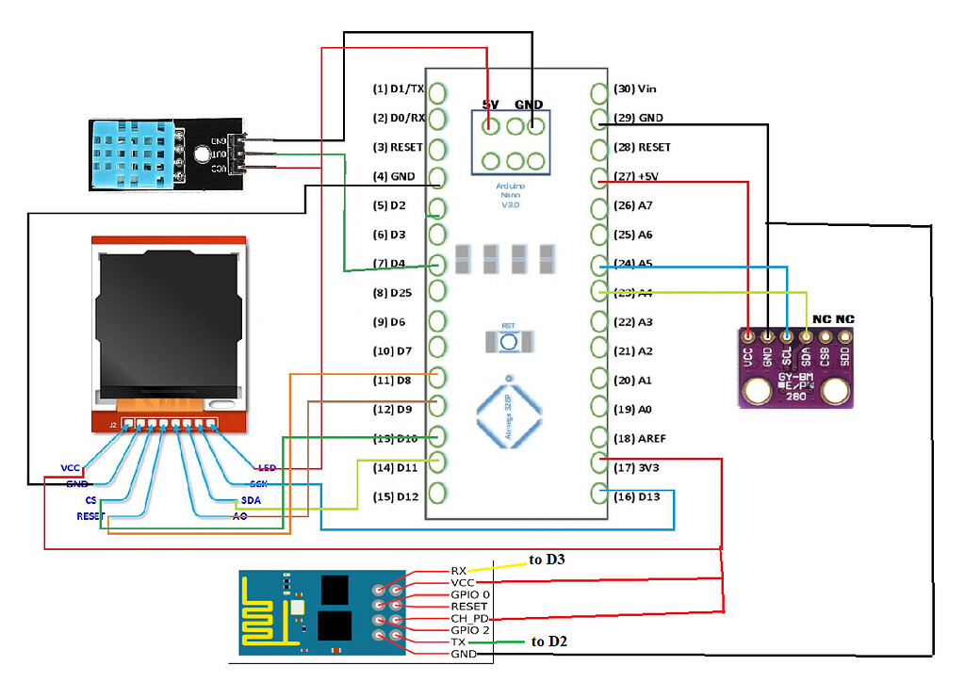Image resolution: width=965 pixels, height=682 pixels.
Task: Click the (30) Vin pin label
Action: (x=634, y=89)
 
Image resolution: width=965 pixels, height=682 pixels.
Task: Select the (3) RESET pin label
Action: (x=399, y=148)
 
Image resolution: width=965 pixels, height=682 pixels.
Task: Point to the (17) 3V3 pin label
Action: (x=636, y=468)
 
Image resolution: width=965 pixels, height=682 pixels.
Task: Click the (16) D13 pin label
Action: (x=636, y=496)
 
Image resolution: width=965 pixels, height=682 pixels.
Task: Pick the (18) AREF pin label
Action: (x=640, y=439)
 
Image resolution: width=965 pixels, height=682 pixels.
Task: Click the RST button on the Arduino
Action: (x=508, y=340)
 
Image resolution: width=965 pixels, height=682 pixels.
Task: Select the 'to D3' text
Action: (x=548, y=560)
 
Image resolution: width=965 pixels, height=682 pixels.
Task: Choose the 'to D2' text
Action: (x=550, y=642)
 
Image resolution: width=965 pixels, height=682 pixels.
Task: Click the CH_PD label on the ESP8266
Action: (x=469, y=619)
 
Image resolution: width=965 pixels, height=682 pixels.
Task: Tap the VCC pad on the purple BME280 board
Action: (x=748, y=335)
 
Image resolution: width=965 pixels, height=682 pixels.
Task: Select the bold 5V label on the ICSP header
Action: (x=491, y=105)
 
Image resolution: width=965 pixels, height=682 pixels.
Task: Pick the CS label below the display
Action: (x=90, y=500)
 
